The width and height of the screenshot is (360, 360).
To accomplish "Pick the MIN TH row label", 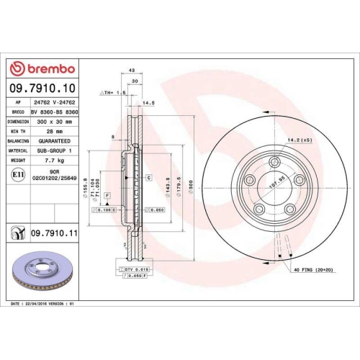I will [x=17, y=131].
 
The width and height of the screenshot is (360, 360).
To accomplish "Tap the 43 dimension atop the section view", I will [x=132, y=70].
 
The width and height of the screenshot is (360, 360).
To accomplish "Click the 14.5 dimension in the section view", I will [x=150, y=103].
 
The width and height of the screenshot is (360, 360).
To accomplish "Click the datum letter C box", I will [x=148, y=176].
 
